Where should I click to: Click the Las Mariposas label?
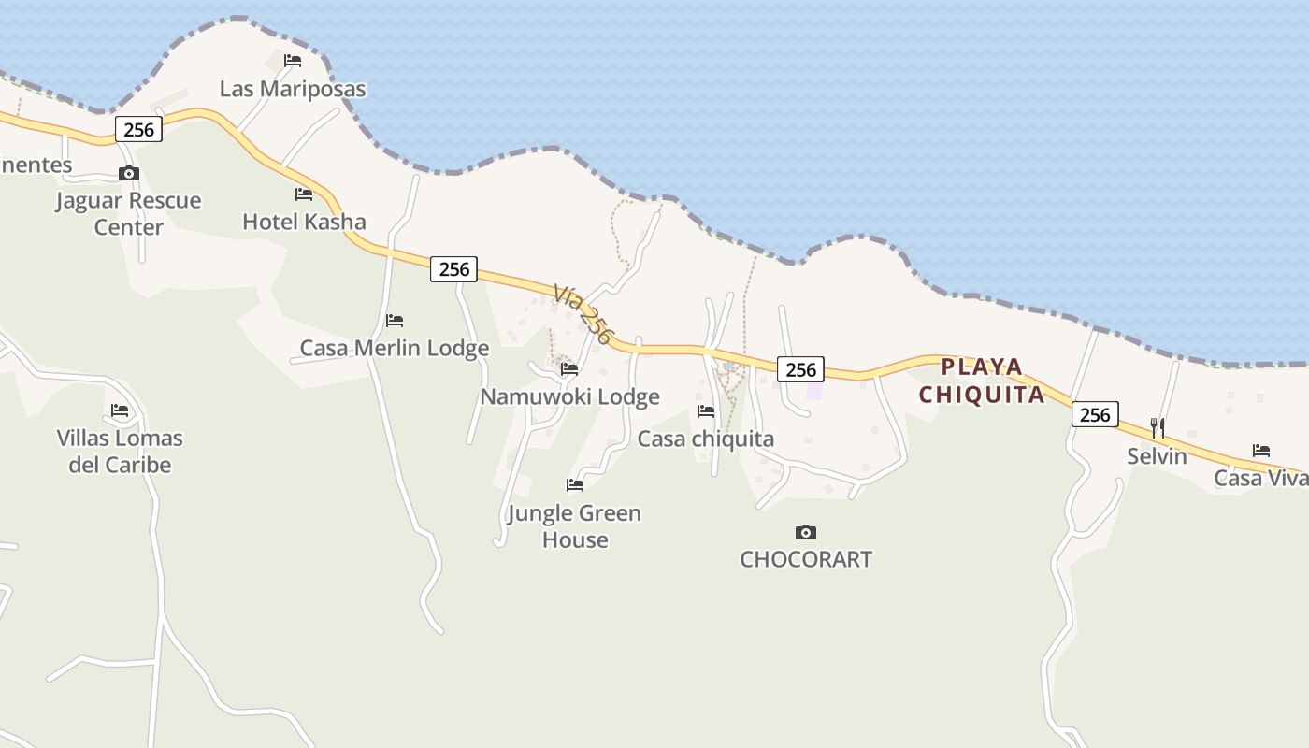[x=293, y=89]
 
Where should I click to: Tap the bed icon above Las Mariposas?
[x=293, y=61]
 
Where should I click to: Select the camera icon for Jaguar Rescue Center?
[x=129, y=173]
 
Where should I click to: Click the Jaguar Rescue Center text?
[x=128, y=213]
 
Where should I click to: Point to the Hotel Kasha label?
[x=304, y=222]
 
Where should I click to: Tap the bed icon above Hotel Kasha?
[x=304, y=194]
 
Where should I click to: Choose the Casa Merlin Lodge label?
[x=395, y=348]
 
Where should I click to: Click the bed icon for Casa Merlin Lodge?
[x=395, y=321]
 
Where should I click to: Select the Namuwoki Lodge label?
[x=569, y=396]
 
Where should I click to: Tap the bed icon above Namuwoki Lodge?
[x=569, y=369]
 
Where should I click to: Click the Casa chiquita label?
[x=706, y=439]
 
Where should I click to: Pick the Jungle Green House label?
[x=574, y=526]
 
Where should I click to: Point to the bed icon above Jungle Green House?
[x=575, y=485]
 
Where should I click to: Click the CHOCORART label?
[x=806, y=559]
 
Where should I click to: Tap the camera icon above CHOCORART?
[x=806, y=532]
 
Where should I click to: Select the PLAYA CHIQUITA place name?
[x=982, y=381]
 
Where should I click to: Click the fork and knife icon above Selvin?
[x=1158, y=428]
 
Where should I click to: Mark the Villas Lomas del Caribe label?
[x=120, y=451]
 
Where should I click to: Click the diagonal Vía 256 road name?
[x=583, y=315]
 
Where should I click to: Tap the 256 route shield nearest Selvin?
[x=1095, y=414]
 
